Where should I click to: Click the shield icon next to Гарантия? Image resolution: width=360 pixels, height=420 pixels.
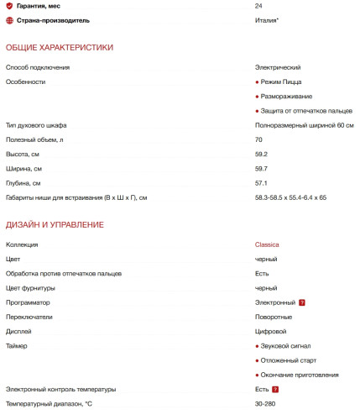coord(9,6)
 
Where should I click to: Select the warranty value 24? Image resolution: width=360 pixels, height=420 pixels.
coord(258,6)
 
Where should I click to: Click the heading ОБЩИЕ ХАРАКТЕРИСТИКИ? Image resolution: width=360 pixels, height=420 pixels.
coord(60,47)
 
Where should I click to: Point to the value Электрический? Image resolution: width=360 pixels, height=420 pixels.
coord(278,67)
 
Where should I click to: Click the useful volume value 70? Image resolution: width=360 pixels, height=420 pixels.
coord(258,139)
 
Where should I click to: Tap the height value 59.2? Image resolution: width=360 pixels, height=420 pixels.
coord(261,154)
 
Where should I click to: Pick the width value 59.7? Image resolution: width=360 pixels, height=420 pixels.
coord(261,168)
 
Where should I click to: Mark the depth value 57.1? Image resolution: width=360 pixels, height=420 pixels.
coord(261,183)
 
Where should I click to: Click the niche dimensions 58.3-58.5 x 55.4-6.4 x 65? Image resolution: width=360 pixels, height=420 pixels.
coord(290,197)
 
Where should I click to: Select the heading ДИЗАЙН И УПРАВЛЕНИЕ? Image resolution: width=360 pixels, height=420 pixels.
coord(55,224)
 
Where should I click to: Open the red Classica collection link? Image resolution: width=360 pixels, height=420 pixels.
coord(267,244)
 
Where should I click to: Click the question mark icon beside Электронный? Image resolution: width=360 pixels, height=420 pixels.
coord(301,302)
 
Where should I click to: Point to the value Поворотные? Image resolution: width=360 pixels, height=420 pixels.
coord(274,317)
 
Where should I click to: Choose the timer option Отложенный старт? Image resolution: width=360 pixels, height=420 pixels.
coord(292,360)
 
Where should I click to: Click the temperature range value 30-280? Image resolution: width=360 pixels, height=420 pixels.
coord(265,404)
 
